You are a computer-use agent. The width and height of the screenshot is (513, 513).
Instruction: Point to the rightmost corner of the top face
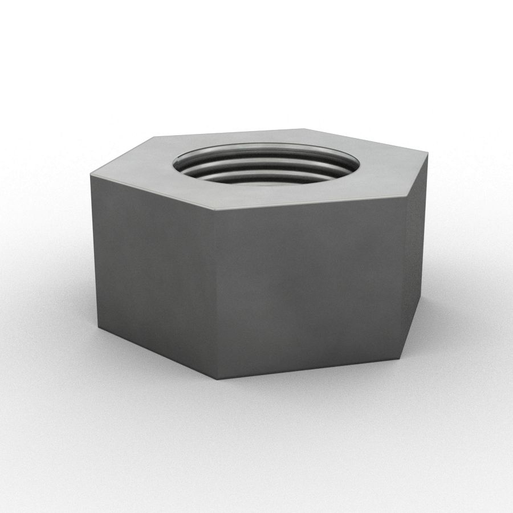pos(428,153)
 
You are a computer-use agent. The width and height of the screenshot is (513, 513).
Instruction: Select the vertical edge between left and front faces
pos(218,294)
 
